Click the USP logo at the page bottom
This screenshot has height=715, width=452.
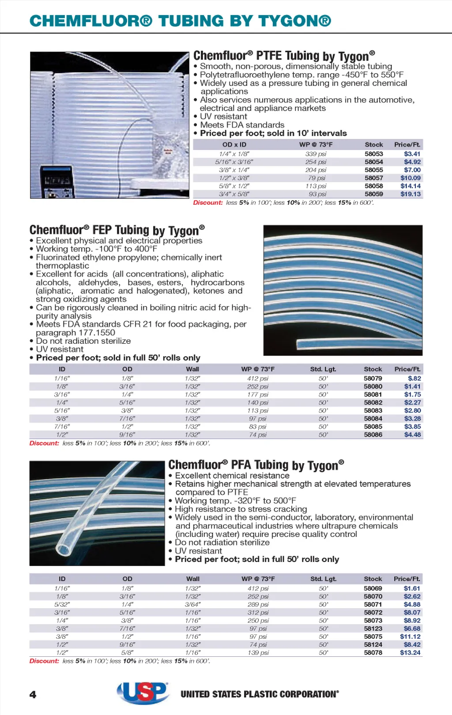coord(143,693)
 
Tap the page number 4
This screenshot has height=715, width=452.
coord(33,695)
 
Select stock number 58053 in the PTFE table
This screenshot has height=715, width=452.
coord(373,154)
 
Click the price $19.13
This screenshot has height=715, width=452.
coord(411,194)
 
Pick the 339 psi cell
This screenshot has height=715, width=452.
coord(316,154)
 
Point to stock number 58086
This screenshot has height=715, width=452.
coord(373,435)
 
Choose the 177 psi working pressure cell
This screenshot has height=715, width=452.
coord(258,395)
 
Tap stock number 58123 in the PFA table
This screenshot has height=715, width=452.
coord(373,629)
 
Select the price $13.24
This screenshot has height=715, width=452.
coord(410,653)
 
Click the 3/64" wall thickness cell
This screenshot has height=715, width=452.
coord(192,605)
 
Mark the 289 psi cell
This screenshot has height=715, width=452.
coord(258,605)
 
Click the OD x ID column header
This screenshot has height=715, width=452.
coord(234,145)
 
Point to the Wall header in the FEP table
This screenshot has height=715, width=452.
coord(192,369)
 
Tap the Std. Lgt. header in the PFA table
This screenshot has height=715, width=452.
coord(323,579)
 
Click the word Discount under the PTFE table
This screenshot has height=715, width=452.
coord(208,203)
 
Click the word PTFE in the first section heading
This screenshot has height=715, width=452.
coord(269,56)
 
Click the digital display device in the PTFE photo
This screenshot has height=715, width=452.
coord(57,181)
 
